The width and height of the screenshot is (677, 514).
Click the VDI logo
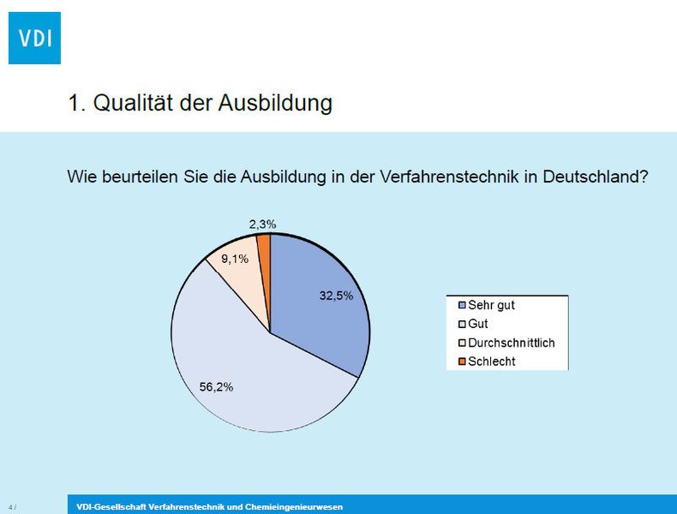(x=34, y=38)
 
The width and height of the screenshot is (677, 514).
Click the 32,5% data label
(x=336, y=296)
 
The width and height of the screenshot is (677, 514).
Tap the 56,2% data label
(x=216, y=386)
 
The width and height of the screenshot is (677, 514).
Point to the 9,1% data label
(x=235, y=259)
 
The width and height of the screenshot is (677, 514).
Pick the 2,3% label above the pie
(x=262, y=224)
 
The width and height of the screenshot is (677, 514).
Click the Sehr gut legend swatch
(x=462, y=305)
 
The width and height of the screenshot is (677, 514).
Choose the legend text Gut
(x=477, y=324)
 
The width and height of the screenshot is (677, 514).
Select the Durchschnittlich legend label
(x=512, y=343)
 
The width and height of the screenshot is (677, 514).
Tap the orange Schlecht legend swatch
(x=462, y=362)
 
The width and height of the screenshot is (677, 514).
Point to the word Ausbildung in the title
(x=275, y=104)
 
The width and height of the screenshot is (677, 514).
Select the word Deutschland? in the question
(x=596, y=176)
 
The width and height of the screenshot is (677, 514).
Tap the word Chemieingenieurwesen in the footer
(x=294, y=507)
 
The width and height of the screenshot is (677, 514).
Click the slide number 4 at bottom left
(x=10, y=507)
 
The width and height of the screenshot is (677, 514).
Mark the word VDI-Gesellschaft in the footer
(x=111, y=507)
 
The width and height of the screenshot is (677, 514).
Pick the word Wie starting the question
(x=81, y=176)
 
